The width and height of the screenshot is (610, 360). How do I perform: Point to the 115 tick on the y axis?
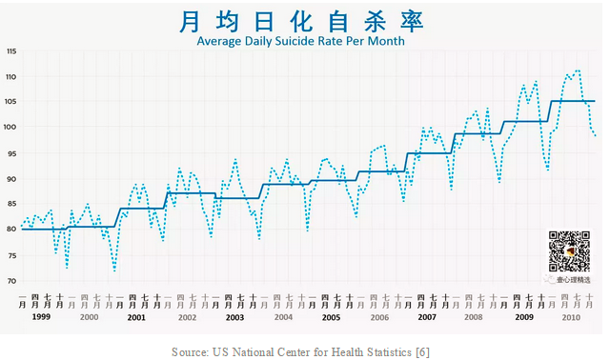(11, 51)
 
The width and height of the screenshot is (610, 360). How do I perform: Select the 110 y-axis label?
(11, 76)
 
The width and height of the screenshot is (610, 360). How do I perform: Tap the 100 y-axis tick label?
(11, 128)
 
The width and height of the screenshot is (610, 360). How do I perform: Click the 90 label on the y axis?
(11, 179)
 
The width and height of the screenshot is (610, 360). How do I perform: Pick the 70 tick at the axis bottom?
(11, 281)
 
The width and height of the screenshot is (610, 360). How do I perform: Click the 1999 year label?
(41, 315)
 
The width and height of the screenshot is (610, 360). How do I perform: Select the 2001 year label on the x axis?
(137, 315)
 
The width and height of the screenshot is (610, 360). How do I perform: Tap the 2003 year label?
(234, 315)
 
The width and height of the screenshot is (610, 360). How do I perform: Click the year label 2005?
(331, 315)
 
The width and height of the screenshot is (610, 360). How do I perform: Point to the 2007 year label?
(427, 315)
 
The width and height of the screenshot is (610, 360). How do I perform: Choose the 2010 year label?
(572, 315)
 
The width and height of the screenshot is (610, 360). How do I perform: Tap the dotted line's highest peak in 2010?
(578, 70)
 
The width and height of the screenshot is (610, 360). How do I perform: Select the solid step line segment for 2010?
(572, 101)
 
